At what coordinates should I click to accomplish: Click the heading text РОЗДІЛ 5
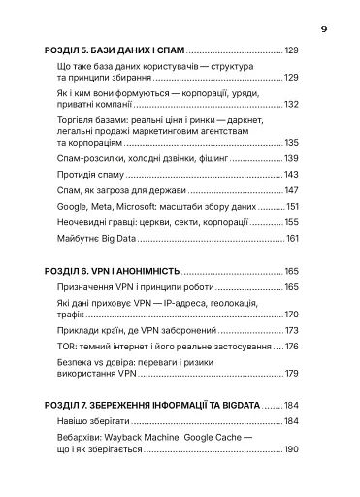tap(70, 49)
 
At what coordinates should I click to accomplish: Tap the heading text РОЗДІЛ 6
tap(70, 271)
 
